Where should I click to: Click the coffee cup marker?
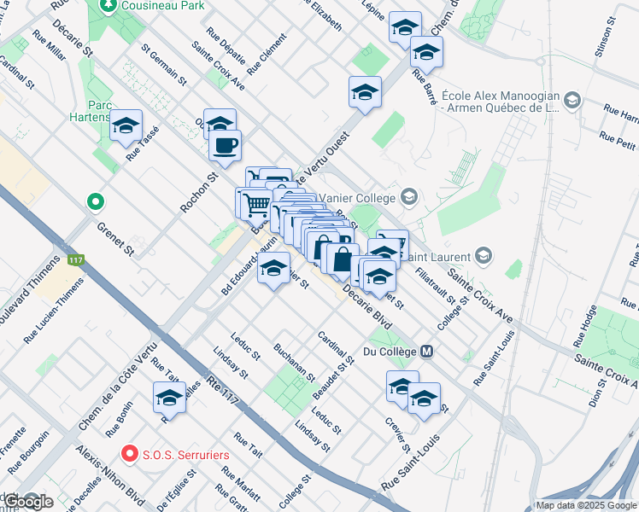(x=225, y=146)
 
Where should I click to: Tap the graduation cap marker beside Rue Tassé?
(x=126, y=126)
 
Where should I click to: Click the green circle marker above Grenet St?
(x=97, y=203)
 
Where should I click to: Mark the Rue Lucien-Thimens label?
(x=53, y=315)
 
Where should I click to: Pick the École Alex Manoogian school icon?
(x=572, y=102)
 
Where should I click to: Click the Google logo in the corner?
(x=28, y=502)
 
